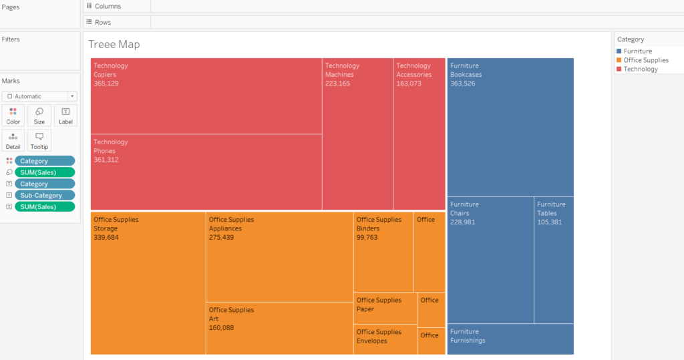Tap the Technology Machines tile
pos(357,134)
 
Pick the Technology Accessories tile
pos(419,134)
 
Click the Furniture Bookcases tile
pos(510,127)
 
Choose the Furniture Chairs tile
pos(490,260)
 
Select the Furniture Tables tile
pos(554,260)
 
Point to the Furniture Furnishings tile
pos(510,339)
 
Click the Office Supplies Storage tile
pos(148,283)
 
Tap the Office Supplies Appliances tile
pos(279,257)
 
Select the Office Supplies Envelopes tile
pos(385,339)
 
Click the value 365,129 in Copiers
pos(106,83)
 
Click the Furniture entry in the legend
pos(637,51)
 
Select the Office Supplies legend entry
pos(645,60)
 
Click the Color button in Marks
pos(13,116)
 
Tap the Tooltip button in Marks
pos(39,140)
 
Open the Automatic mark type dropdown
pos(39,96)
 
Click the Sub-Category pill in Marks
pos(45,195)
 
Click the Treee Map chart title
pos(114,45)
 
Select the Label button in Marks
pos(65,116)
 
